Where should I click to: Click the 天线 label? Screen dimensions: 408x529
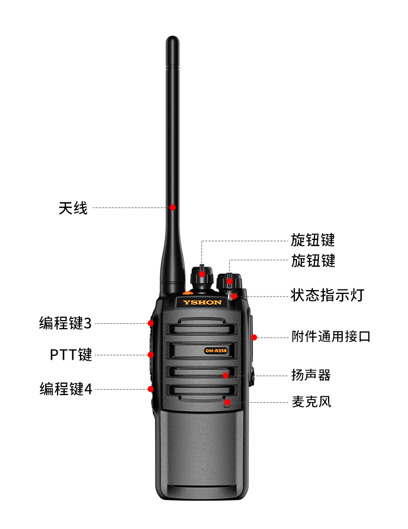point(73,208)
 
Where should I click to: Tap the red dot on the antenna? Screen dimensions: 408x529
point(172,207)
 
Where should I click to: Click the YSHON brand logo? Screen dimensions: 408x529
point(202,302)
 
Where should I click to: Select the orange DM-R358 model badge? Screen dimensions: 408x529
point(216,350)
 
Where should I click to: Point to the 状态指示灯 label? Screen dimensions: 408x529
point(327,295)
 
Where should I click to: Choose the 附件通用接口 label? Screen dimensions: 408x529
point(331,337)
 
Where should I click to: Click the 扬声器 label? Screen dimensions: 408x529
point(311,375)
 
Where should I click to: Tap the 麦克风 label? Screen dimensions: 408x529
point(311,402)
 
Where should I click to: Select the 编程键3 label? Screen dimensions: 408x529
point(65,323)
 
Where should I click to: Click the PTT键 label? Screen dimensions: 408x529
point(71,355)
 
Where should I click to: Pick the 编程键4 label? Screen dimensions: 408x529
point(66,389)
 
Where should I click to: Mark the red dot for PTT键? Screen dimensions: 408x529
point(151,355)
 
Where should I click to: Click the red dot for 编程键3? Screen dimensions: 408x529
point(151,323)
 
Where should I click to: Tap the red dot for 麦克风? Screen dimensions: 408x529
point(227,402)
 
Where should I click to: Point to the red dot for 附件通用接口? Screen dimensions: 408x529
point(254,337)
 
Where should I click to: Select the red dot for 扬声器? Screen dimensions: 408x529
point(226,376)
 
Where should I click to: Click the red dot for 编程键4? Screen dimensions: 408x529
point(151,389)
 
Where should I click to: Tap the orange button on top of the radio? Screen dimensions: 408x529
point(188,293)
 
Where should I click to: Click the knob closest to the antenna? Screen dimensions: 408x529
point(202,278)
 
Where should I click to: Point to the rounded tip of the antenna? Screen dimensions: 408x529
point(172,38)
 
